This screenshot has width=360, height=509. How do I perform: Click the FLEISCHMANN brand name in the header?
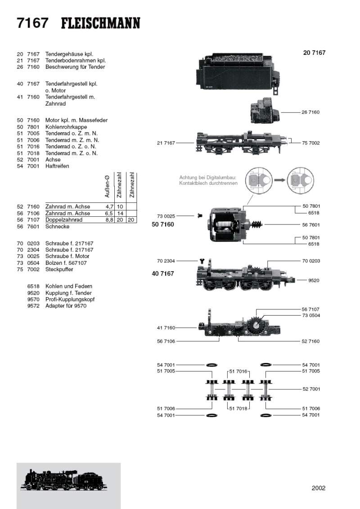100,23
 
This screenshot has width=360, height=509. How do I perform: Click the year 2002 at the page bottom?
318,488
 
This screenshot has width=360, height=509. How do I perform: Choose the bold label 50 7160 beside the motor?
163,223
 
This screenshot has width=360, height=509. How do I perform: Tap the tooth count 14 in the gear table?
120,213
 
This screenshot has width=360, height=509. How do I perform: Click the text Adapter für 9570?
66,306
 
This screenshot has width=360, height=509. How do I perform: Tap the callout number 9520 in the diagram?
313,280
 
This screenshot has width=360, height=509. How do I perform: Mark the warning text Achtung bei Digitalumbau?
207,178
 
